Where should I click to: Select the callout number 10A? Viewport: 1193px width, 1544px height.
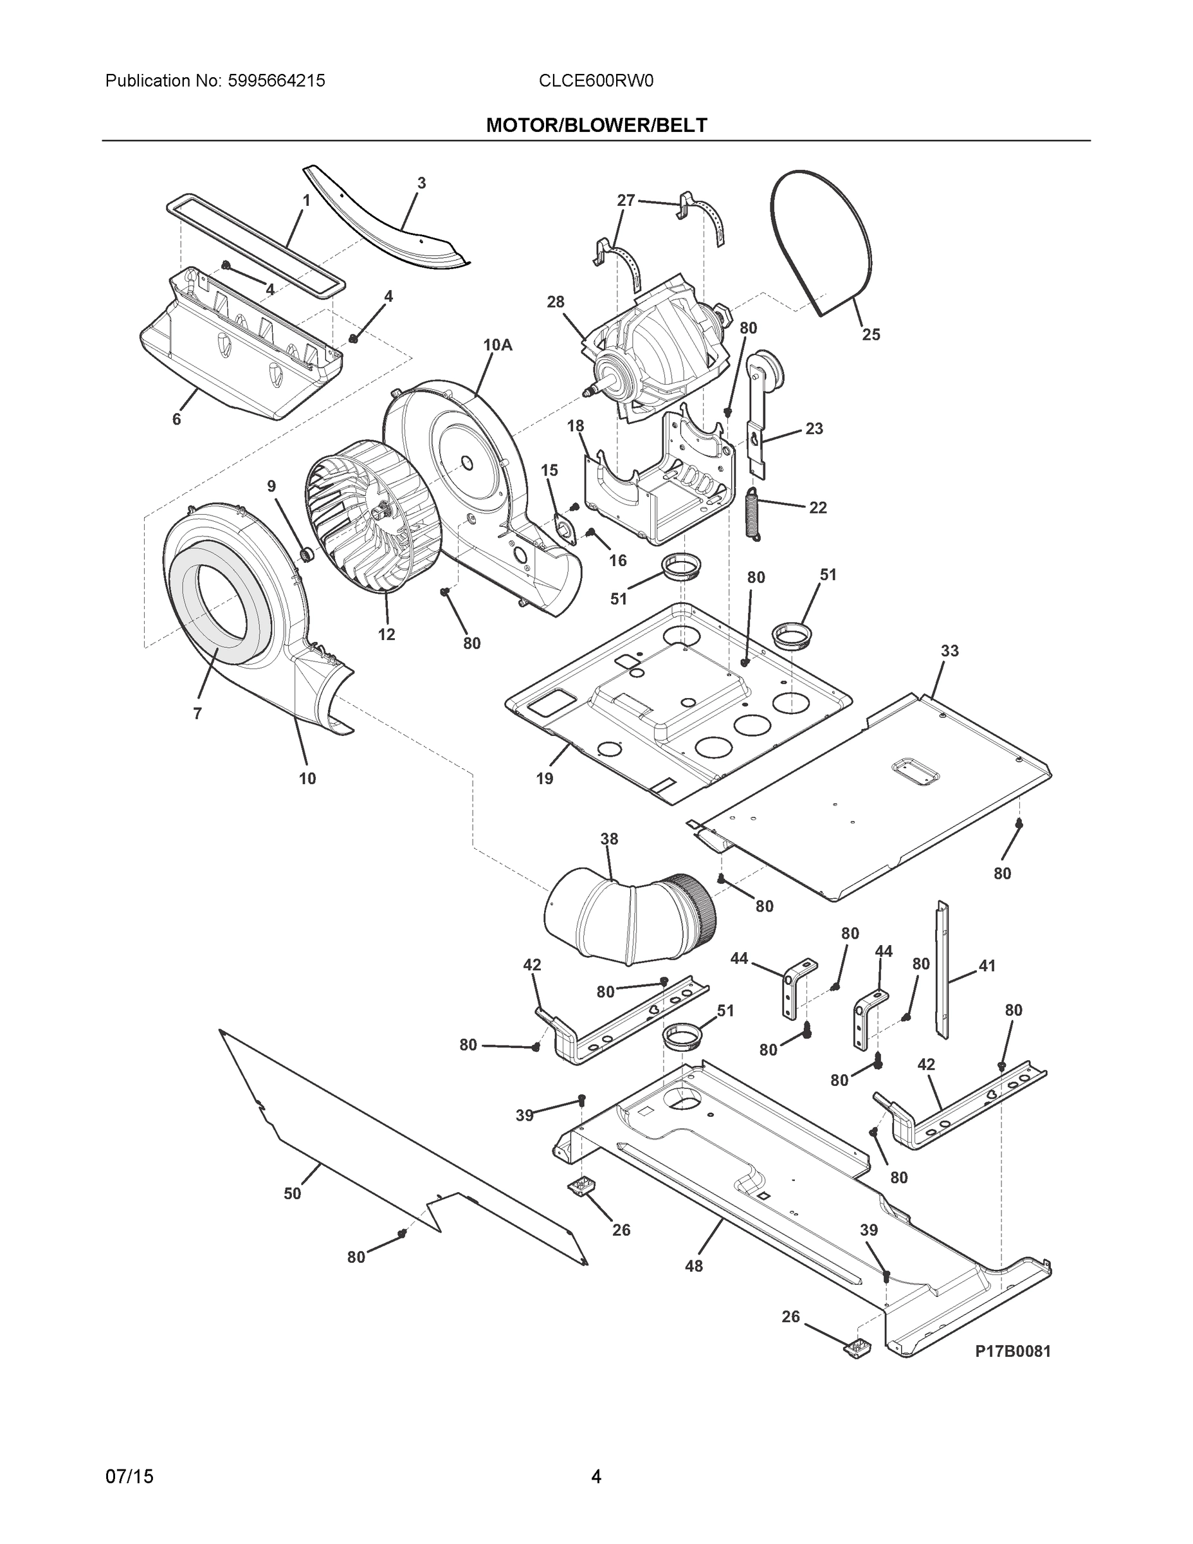[497, 345]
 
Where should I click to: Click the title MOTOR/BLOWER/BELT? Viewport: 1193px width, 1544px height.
[596, 125]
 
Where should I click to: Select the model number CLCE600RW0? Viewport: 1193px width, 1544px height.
[596, 80]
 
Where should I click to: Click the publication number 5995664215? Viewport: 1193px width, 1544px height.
[276, 80]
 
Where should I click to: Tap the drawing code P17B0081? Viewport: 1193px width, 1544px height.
[1013, 1351]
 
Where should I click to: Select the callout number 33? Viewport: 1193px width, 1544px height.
[949, 650]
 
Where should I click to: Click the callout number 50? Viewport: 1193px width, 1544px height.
[293, 1193]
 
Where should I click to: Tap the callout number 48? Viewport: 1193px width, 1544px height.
[694, 1266]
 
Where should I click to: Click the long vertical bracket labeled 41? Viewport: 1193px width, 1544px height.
[942, 968]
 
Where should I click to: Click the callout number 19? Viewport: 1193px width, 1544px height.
[544, 778]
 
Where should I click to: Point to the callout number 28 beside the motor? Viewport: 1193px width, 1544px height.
[556, 302]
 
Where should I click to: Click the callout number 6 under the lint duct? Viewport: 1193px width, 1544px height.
[177, 419]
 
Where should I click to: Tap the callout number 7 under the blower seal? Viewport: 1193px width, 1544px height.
[197, 713]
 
